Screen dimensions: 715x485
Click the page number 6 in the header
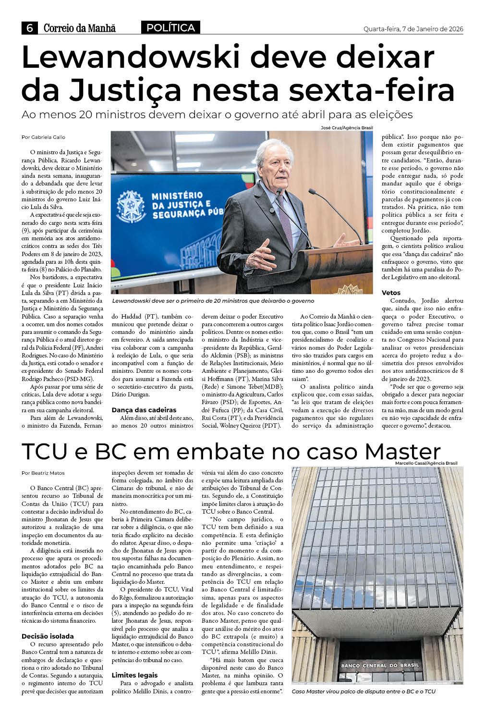click(x=29, y=28)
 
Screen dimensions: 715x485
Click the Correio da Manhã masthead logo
click(x=79, y=28)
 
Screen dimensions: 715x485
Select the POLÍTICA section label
click(x=170, y=28)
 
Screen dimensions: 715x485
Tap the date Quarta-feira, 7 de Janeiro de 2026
click(x=413, y=29)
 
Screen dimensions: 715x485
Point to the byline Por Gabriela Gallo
click(x=43, y=137)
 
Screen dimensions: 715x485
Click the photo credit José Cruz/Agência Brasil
click(x=347, y=128)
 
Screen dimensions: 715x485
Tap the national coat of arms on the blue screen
click(x=131, y=205)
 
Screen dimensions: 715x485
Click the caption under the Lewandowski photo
click(x=213, y=301)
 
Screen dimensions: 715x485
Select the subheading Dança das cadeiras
click(x=144, y=410)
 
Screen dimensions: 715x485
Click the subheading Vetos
click(x=391, y=293)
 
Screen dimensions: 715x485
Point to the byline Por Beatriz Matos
click(x=43, y=473)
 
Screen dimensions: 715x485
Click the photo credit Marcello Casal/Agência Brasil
click(x=426, y=463)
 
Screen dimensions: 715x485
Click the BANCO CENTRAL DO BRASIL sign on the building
click(x=379, y=666)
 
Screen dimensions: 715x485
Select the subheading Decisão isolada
click(x=48, y=636)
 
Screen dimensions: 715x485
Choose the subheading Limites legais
click(x=134, y=675)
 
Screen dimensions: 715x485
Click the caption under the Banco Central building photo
click(x=364, y=691)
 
